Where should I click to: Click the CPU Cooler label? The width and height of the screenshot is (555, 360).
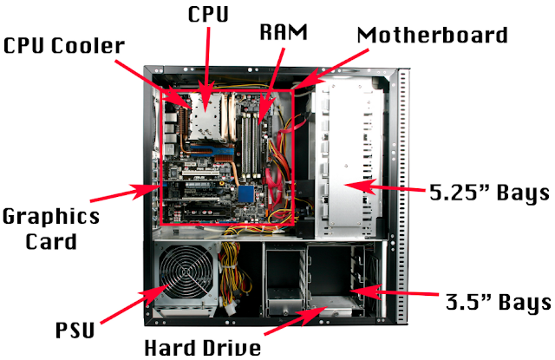coord(64,46)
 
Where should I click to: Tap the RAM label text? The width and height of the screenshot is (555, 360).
coord(284,32)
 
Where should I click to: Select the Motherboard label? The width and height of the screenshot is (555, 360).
coord(432,35)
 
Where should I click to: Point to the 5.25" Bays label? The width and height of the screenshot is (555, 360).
coord(489,193)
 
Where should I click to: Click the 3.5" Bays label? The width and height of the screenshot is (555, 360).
coord(499,302)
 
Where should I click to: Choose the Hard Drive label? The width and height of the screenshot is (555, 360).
coord(203,348)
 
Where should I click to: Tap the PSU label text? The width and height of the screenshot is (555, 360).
coord(75,330)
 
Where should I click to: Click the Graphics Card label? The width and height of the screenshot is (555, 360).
coord(51,229)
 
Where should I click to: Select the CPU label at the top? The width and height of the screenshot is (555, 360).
coord(208,14)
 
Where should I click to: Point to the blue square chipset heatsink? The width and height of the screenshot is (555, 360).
coord(246,193)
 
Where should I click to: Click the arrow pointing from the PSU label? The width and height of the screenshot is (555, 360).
coord(134,304)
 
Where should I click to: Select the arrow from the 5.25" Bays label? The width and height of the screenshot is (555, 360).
coord(384,187)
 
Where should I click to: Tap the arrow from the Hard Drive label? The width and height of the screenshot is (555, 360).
coord(295,320)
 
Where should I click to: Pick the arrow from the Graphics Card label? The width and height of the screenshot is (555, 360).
coord(123,193)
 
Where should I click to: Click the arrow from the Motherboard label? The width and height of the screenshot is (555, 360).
coord(331,69)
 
